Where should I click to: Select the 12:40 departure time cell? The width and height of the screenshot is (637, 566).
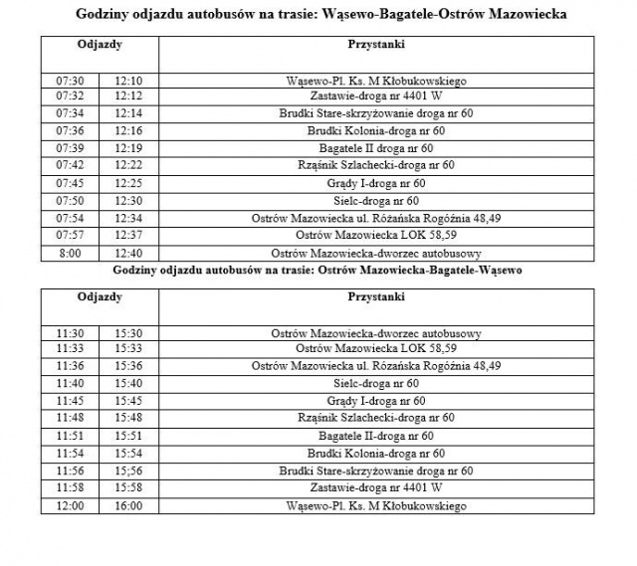click(x=128, y=253)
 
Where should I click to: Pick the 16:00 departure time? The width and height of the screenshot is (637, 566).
click(x=128, y=505)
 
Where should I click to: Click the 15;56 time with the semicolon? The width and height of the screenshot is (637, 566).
click(x=128, y=471)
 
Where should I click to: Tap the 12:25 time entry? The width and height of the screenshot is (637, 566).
click(x=128, y=183)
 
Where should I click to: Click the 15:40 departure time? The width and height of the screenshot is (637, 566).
click(x=128, y=384)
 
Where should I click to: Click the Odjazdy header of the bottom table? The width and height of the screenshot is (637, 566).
click(x=100, y=296)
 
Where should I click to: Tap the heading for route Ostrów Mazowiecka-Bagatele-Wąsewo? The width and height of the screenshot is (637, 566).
click(x=318, y=270)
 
